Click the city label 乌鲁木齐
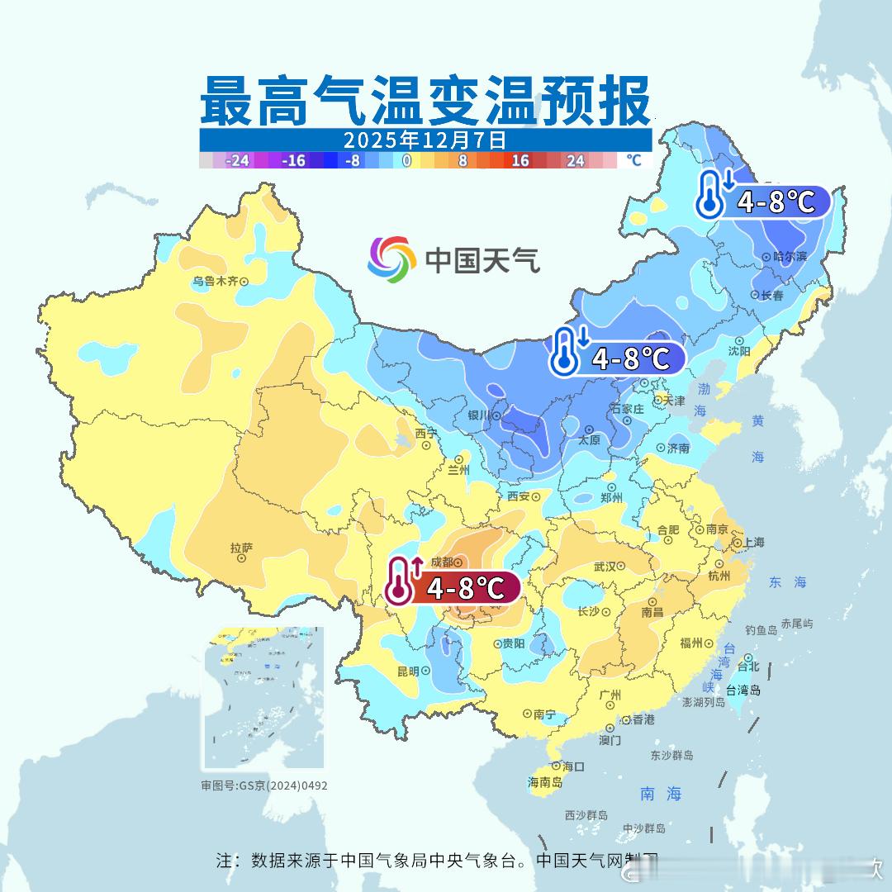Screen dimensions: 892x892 215,281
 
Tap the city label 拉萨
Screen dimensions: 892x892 241,548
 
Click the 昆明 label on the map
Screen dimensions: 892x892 408,671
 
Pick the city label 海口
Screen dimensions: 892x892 573,766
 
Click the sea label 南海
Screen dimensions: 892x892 661,794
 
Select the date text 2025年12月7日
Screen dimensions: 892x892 425,139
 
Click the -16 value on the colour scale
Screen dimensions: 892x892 292,161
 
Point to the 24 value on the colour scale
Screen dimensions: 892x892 575,161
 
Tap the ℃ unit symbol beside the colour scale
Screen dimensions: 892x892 633,160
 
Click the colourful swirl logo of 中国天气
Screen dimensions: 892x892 391,259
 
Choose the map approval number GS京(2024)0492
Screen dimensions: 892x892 264,785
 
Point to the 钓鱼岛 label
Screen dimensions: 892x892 761,630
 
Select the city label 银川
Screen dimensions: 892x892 479,415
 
